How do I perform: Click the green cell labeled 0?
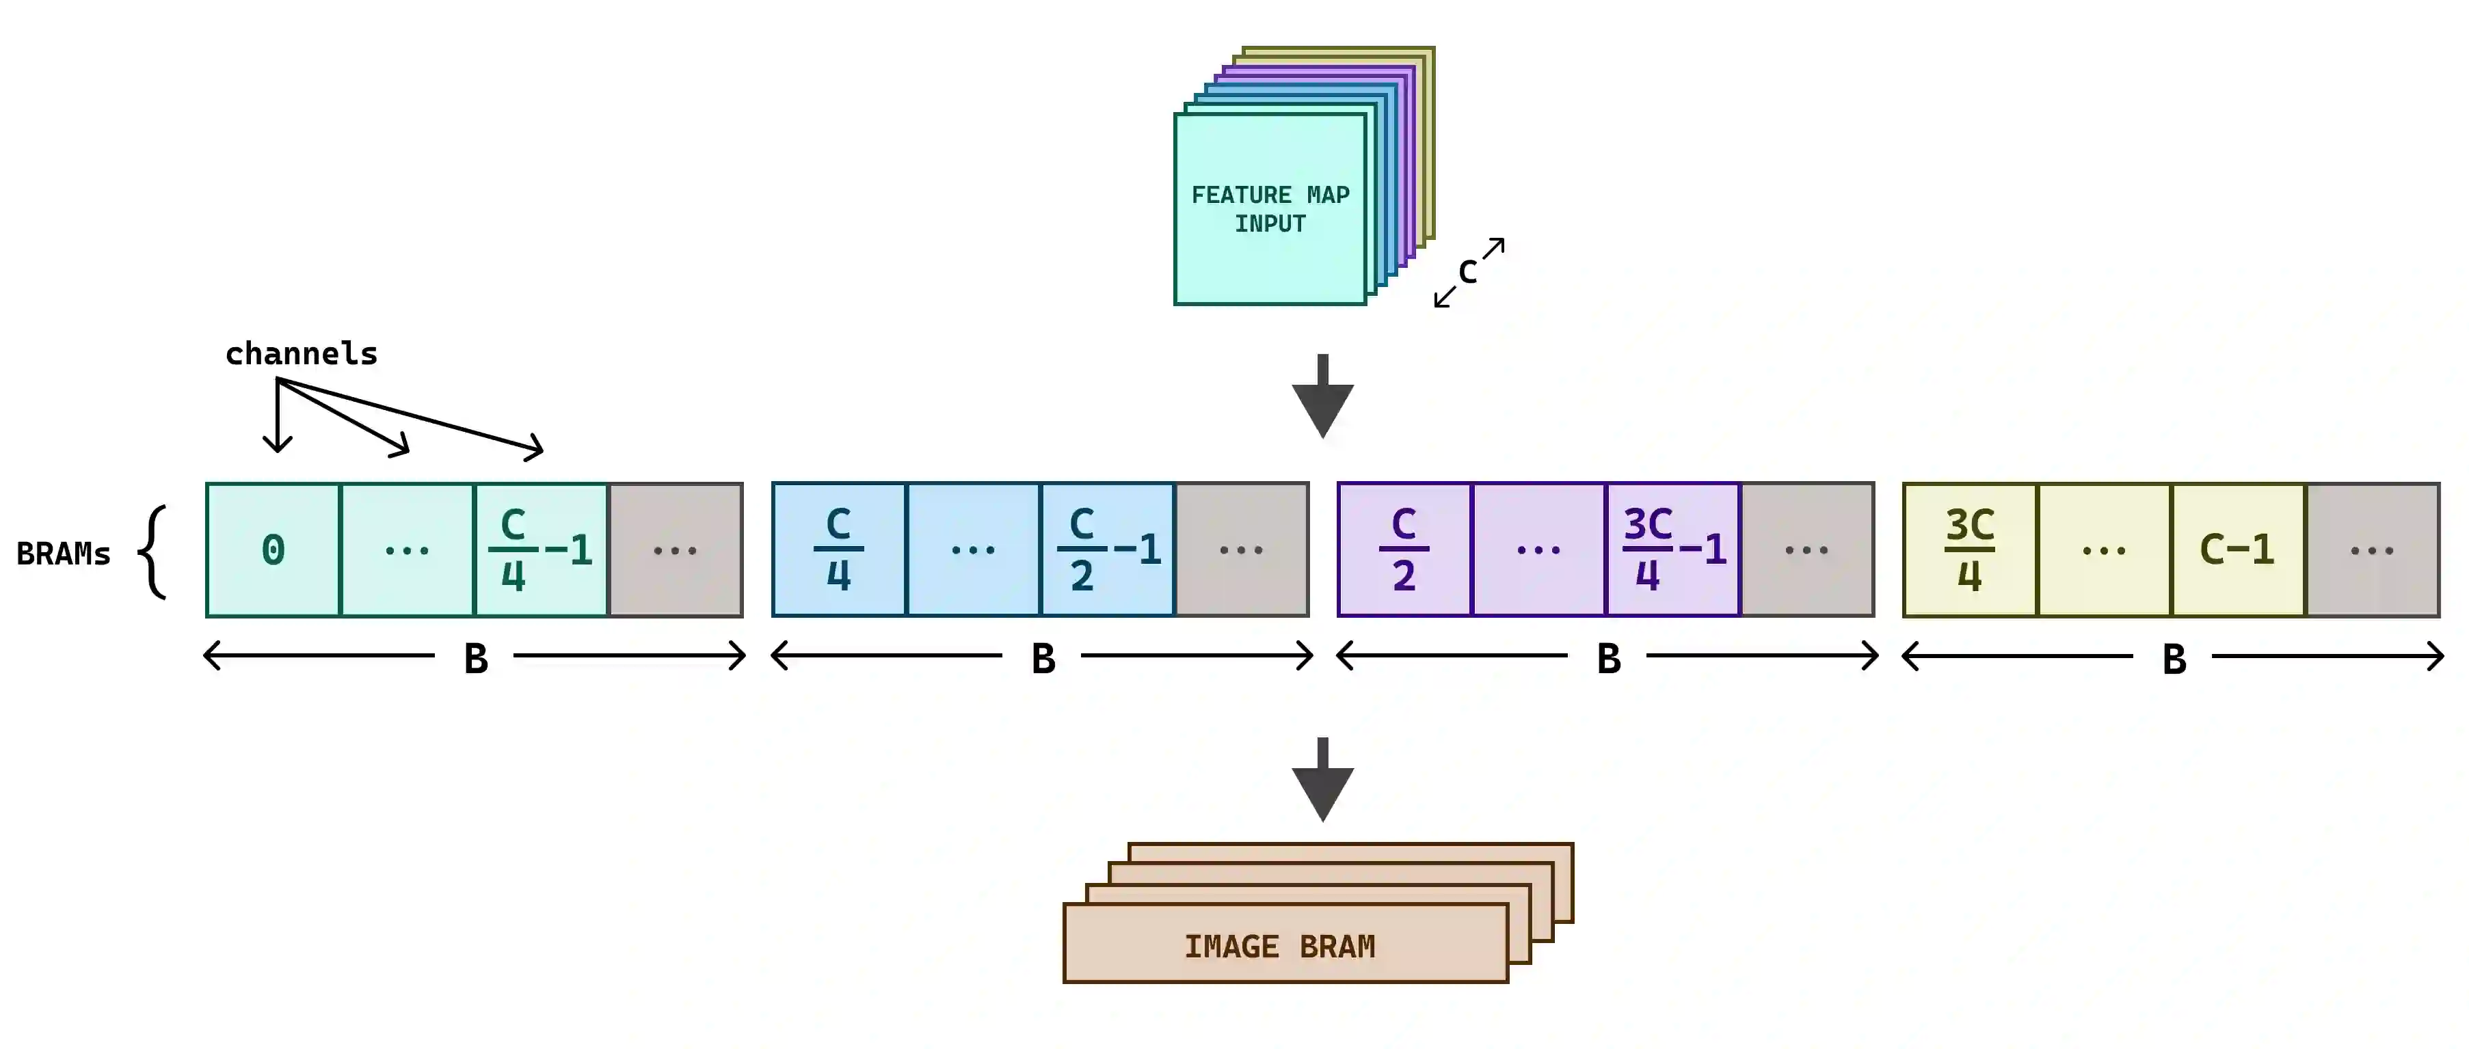coord(273,550)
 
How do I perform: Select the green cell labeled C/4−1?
coord(542,550)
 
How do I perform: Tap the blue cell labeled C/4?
coord(839,550)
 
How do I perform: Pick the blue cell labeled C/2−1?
coord(1108,550)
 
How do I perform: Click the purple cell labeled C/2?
coord(1404,550)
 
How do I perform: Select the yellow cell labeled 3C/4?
coord(1970,550)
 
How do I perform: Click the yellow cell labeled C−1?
coord(2237,550)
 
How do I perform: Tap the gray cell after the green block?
coord(676,550)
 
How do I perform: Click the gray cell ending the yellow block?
coord(2372,550)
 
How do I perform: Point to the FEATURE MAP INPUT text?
coord(1270,209)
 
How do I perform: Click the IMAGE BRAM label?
coord(1279,946)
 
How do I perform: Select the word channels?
coord(301,353)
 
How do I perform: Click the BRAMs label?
coord(64,554)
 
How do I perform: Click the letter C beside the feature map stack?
coord(1467,272)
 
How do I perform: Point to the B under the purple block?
coord(1608,659)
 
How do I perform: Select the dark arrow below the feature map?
coord(1322,396)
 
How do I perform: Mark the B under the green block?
coord(475,659)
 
